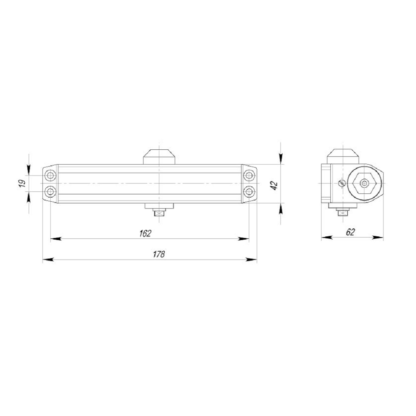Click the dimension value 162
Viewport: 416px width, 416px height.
(x=145, y=233)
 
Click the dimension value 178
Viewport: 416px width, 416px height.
(x=158, y=254)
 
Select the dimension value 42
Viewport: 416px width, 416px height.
(x=274, y=185)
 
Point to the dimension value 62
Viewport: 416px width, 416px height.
(x=350, y=232)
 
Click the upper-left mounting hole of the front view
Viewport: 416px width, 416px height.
(x=50, y=175)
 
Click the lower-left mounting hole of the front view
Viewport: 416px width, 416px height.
(x=50, y=191)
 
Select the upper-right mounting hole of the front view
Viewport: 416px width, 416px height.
(x=249, y=175)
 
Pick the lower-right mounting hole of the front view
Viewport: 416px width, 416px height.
(x=249, y=191)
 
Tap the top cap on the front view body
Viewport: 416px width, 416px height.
(x=159, y=157)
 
